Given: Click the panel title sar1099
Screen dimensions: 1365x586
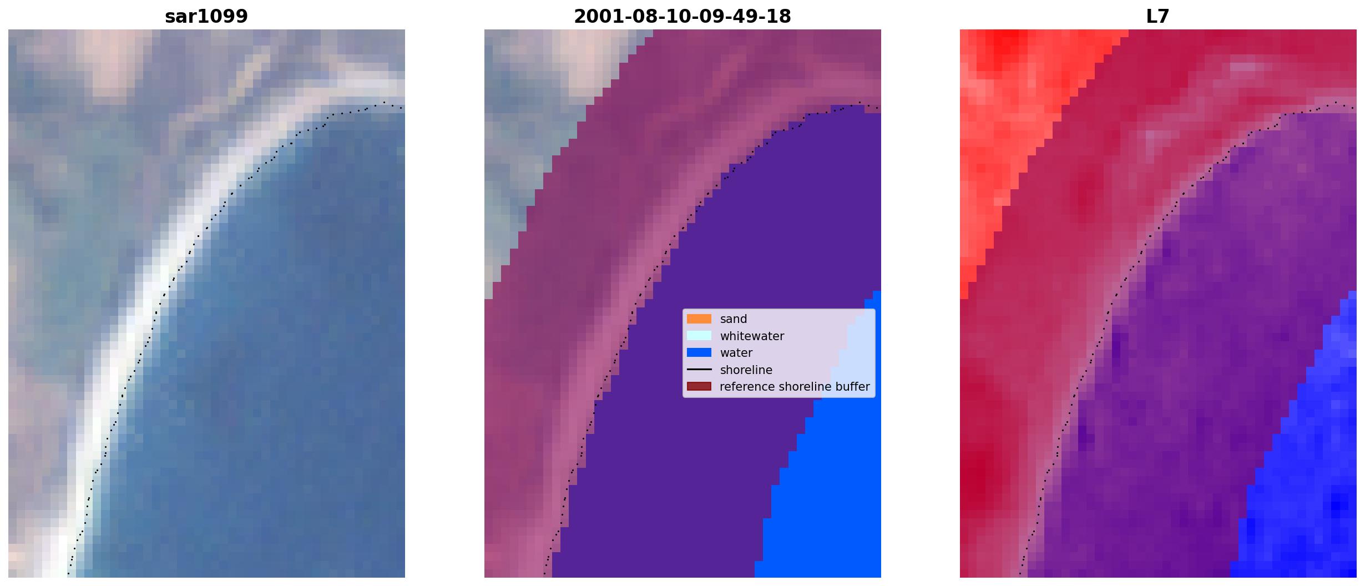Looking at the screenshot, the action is pos(206,16).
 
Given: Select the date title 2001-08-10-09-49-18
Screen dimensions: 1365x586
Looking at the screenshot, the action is pos(683,16).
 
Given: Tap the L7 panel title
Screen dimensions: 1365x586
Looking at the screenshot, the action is pos(1158,16).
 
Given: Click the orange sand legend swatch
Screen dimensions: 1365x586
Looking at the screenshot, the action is pos(699,319).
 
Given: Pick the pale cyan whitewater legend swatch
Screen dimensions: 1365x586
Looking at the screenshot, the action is pos(699,336).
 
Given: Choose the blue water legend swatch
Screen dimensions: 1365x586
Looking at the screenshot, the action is pos(699,353).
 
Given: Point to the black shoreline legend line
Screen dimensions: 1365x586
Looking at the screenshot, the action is pos(699,370).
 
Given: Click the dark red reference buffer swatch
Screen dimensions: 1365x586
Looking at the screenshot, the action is pos(699,387).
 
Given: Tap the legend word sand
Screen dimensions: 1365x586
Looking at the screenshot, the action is pos(734,319).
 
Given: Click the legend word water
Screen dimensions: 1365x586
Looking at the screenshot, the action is pos(736,353).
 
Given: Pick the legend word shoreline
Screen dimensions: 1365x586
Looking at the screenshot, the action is pos(746,370).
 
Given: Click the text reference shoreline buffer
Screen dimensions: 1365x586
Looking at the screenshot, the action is pos(795,387).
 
